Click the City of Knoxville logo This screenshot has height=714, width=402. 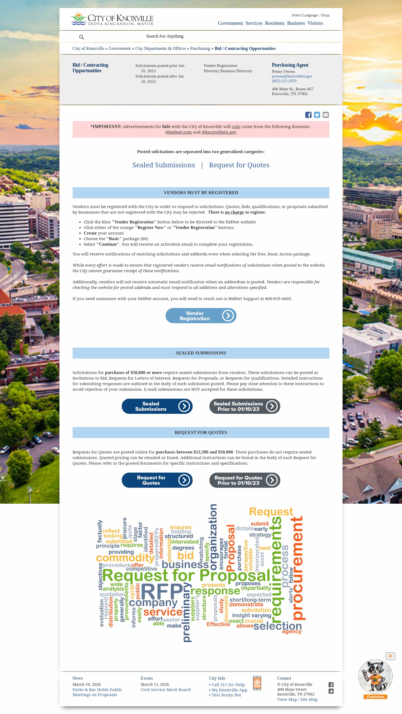(x=112, y=19)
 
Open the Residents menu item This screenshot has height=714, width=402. (x=274, y=23)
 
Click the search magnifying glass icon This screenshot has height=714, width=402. (x=82, y=37)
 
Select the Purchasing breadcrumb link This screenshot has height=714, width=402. (x=200, y=49)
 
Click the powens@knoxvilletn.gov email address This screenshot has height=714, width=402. (x=292, y=76)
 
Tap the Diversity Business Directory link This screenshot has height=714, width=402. (x=228, y=71)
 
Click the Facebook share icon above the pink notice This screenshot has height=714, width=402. (x=308, y=115)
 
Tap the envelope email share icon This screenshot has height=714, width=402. (x=326, y=115)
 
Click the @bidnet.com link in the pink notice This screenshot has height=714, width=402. (x=178, y=132)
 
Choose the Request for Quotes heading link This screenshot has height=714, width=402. (x=239, y=165)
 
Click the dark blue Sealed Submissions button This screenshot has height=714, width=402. (x=157, y=406)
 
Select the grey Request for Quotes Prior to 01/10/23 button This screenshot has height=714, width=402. (x=245, y=480)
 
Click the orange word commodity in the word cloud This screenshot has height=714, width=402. (x=125, y=558)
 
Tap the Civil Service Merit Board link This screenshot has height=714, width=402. (x=165, y=689)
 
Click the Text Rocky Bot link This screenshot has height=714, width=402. (x=226, y=695)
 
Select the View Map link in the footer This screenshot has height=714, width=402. (x=287, y=699)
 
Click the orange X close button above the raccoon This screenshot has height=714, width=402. (x=390, y=656)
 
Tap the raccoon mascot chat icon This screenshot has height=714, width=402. (x=375, y=676)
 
